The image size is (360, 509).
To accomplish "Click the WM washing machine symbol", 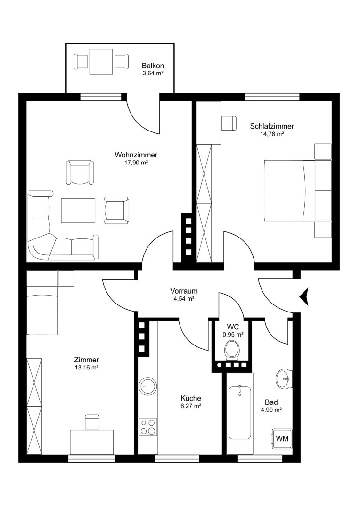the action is click(x=282, y=439).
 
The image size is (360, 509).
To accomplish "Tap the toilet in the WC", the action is click(x=232, y=349).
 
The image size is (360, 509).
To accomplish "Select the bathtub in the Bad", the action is click(x=239, y=412).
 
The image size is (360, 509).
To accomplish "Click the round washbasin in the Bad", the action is click(x=285, y=378).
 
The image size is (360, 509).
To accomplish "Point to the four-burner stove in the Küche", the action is click(x=147, y=427).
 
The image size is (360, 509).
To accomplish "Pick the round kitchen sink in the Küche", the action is click(x=147, y=386).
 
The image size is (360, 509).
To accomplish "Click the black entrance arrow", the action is click(x=304, y=296).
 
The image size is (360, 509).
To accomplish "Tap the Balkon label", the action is click(x=153, y=66).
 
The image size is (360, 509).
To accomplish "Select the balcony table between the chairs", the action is click(x=101, y=62).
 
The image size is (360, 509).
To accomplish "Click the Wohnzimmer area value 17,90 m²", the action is click(x=136, y=163).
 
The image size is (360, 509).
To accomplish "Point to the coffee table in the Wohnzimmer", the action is click(x=78, y=211).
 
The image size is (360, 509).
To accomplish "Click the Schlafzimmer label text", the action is click(x=272, y=126).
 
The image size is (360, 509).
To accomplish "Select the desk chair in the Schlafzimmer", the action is click(x=229, y=123).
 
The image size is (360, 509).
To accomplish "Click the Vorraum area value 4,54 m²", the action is click(x=184, y=299).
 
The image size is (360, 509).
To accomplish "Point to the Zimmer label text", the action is click(x=86, y=360).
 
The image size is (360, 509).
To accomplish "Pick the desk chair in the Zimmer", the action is click(x=92, y=422).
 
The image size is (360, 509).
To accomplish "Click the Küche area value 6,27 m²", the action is click(x=191, y=406).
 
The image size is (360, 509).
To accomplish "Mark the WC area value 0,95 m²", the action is click(x=233, y=334).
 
